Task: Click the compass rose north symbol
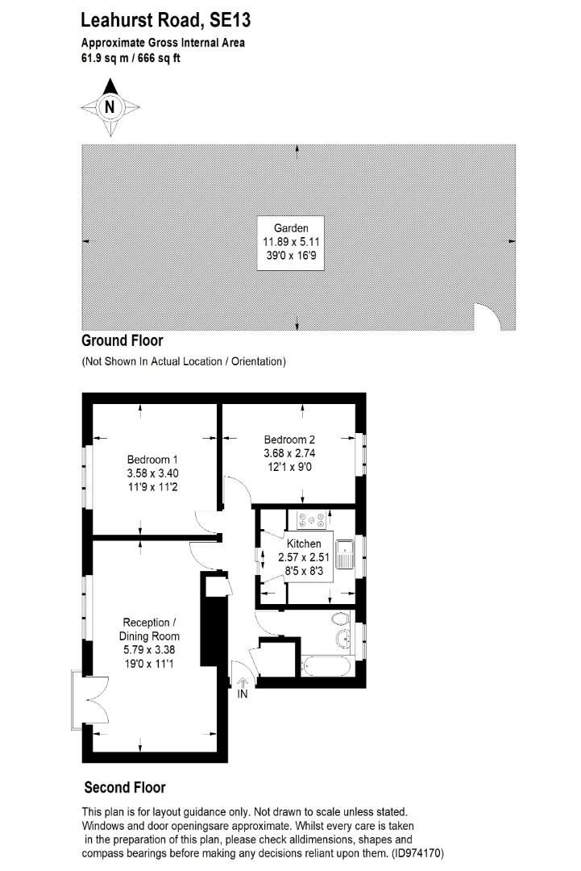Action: point(110,106)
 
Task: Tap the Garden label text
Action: point(291,228)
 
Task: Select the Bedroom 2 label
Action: point(289,440)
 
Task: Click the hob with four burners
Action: point(311,520)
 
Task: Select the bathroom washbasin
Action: point(344,640)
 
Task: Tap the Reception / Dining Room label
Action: point(146,629)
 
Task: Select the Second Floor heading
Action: point(125,787)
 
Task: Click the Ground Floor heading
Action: point(122,341)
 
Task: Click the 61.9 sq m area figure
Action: point(104,58)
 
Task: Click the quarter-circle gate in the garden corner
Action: point(487,318)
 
